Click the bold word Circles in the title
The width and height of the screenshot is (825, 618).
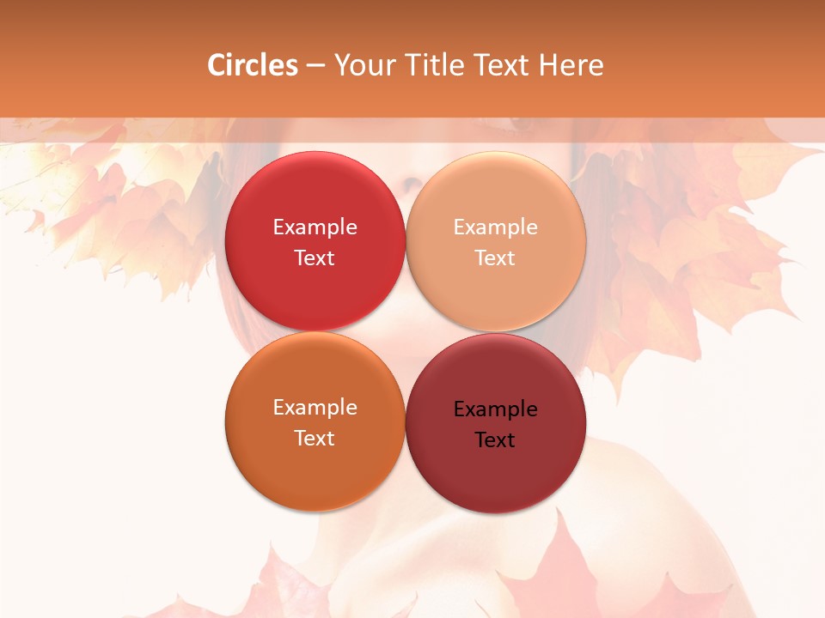point(253,65)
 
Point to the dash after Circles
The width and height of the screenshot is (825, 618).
point(315,66)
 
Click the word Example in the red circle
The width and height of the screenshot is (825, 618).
point(315,227)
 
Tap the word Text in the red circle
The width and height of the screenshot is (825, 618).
point(315,257)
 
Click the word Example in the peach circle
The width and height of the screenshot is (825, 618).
point(495,227)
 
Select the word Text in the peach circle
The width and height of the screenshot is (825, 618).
point(495,257)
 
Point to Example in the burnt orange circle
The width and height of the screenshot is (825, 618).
point(315,408)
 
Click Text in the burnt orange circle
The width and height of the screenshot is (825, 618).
point(315,438)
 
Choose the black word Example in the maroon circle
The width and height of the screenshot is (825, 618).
point(495,409)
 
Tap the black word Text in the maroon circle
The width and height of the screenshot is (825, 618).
point(495,439)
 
